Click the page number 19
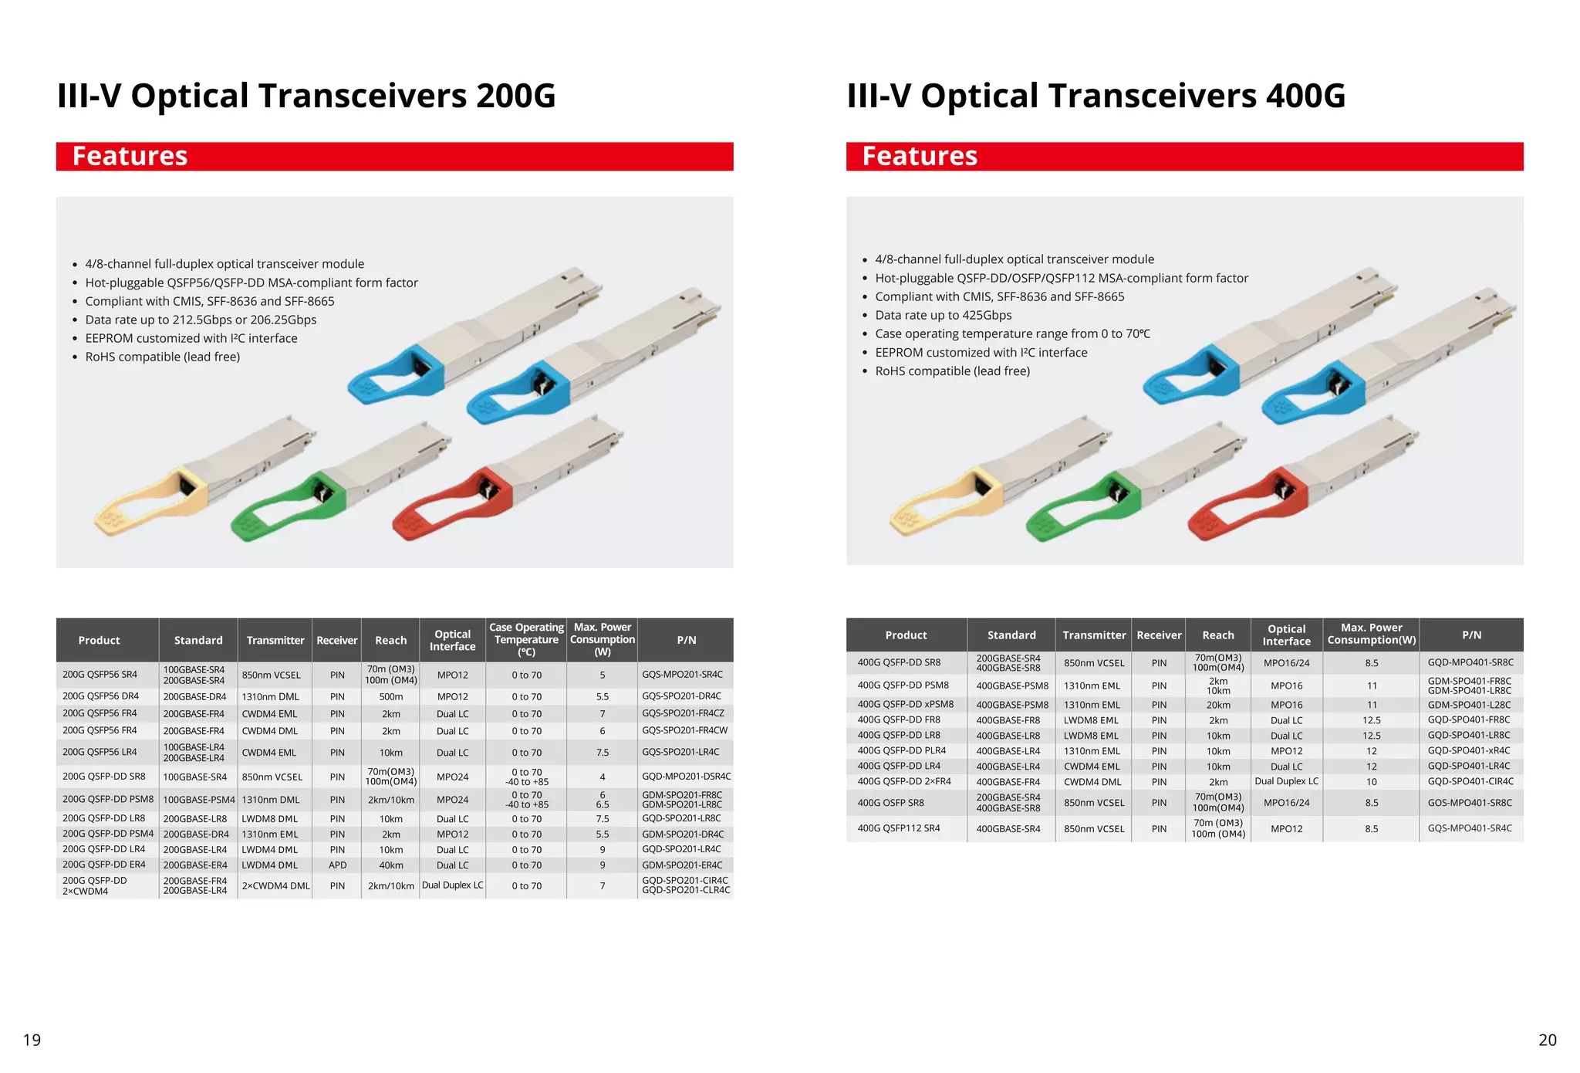32,1040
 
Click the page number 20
1547,1040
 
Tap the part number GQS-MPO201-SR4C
682,675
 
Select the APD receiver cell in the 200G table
337,865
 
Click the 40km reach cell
390,865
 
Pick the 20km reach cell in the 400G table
1218,705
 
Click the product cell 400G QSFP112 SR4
899,828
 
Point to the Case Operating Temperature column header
526,640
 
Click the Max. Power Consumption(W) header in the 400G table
1371,635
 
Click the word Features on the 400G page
920,156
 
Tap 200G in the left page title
515,96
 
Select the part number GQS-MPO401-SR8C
1470,803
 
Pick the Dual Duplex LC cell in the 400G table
1286,782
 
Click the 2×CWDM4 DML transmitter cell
275,886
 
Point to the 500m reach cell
390,696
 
